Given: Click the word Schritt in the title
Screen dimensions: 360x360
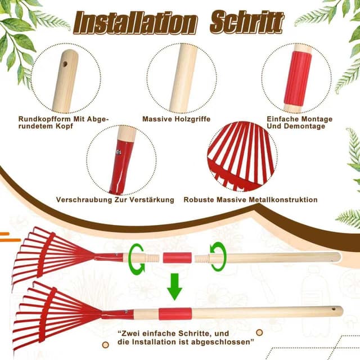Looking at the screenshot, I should (246, 22).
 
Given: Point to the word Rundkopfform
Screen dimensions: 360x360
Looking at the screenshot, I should (43, 119).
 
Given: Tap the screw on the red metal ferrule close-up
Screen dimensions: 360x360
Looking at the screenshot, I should (119, 151).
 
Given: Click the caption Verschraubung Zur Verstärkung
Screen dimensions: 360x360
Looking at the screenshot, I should (115, 200).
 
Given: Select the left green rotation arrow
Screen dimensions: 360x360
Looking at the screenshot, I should (136, 257).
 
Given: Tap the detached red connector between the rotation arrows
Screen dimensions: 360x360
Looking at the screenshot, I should (177, 258).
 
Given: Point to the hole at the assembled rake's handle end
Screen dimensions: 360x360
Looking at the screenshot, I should (336, 309).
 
